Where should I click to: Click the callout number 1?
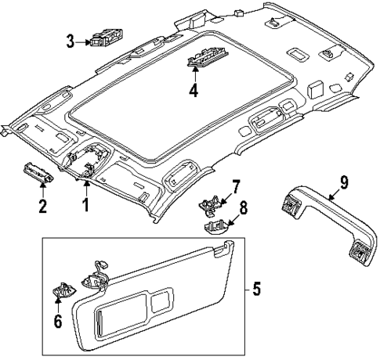87,206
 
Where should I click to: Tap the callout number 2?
44,207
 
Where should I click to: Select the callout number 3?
70,41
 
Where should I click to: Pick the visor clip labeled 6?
61,290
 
